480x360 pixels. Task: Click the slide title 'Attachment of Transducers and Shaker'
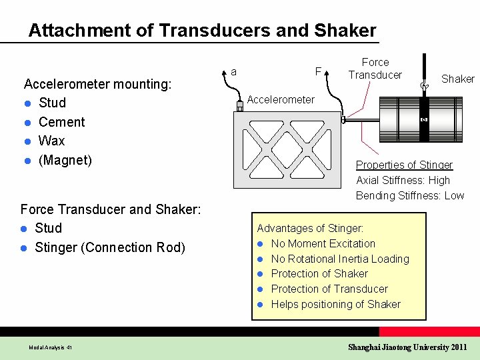tap(202, 31)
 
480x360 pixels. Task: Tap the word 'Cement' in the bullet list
tap(62, 122)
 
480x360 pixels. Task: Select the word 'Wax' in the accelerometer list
tap(52, 141)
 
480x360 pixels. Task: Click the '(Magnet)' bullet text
tap(65, 160)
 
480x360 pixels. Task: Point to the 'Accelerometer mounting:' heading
tap(97, 84)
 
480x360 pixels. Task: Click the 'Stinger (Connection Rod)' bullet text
tap(110, 247)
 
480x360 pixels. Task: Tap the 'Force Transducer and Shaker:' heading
tap(111, 209)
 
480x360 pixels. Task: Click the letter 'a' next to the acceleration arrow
tap(233, 72)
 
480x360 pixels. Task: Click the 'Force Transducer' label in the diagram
tap(375, 69)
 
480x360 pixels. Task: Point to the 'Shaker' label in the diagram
tap(458, 79)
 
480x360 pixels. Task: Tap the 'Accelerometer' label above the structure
tap(281, 100)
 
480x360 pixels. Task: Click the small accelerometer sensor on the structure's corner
tap(240, 107)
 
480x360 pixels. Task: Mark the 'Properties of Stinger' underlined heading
tap(404, 165)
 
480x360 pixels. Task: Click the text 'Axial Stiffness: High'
tap(403, 180)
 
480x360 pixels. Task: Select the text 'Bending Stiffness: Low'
tap(410, 195)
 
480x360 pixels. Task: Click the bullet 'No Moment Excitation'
tap(323, 243)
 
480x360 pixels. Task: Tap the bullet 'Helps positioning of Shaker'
tap(336, 304)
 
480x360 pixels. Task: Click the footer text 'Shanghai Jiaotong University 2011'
tap(407, 347)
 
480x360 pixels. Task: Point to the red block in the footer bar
tap(429, 331)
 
